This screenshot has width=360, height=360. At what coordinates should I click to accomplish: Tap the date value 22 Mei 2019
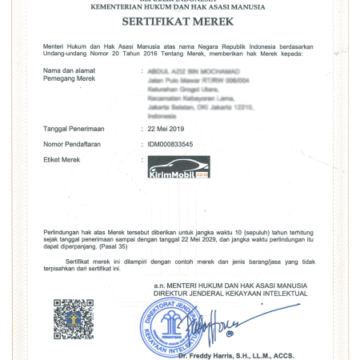click(x=165, y=128)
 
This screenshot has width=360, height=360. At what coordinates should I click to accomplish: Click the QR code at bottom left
click(x=74, y=318)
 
